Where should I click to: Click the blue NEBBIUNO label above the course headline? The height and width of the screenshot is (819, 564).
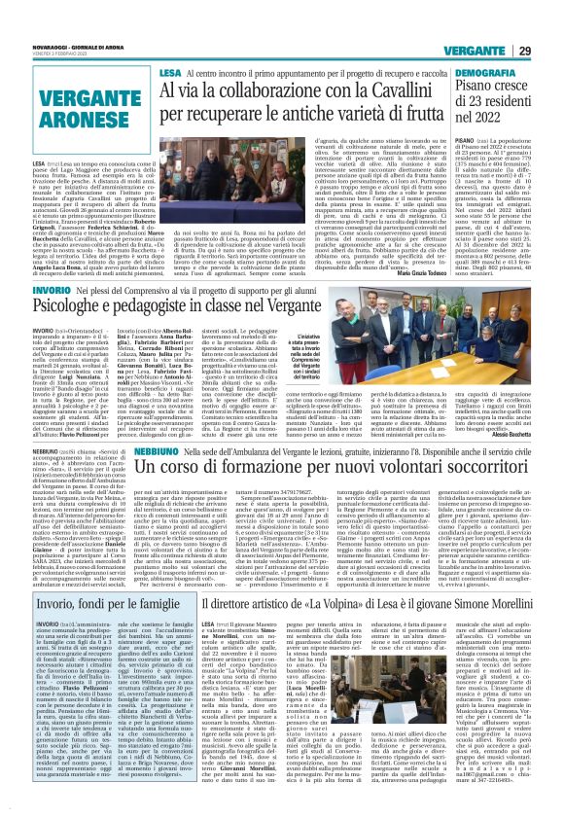(182, 451)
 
